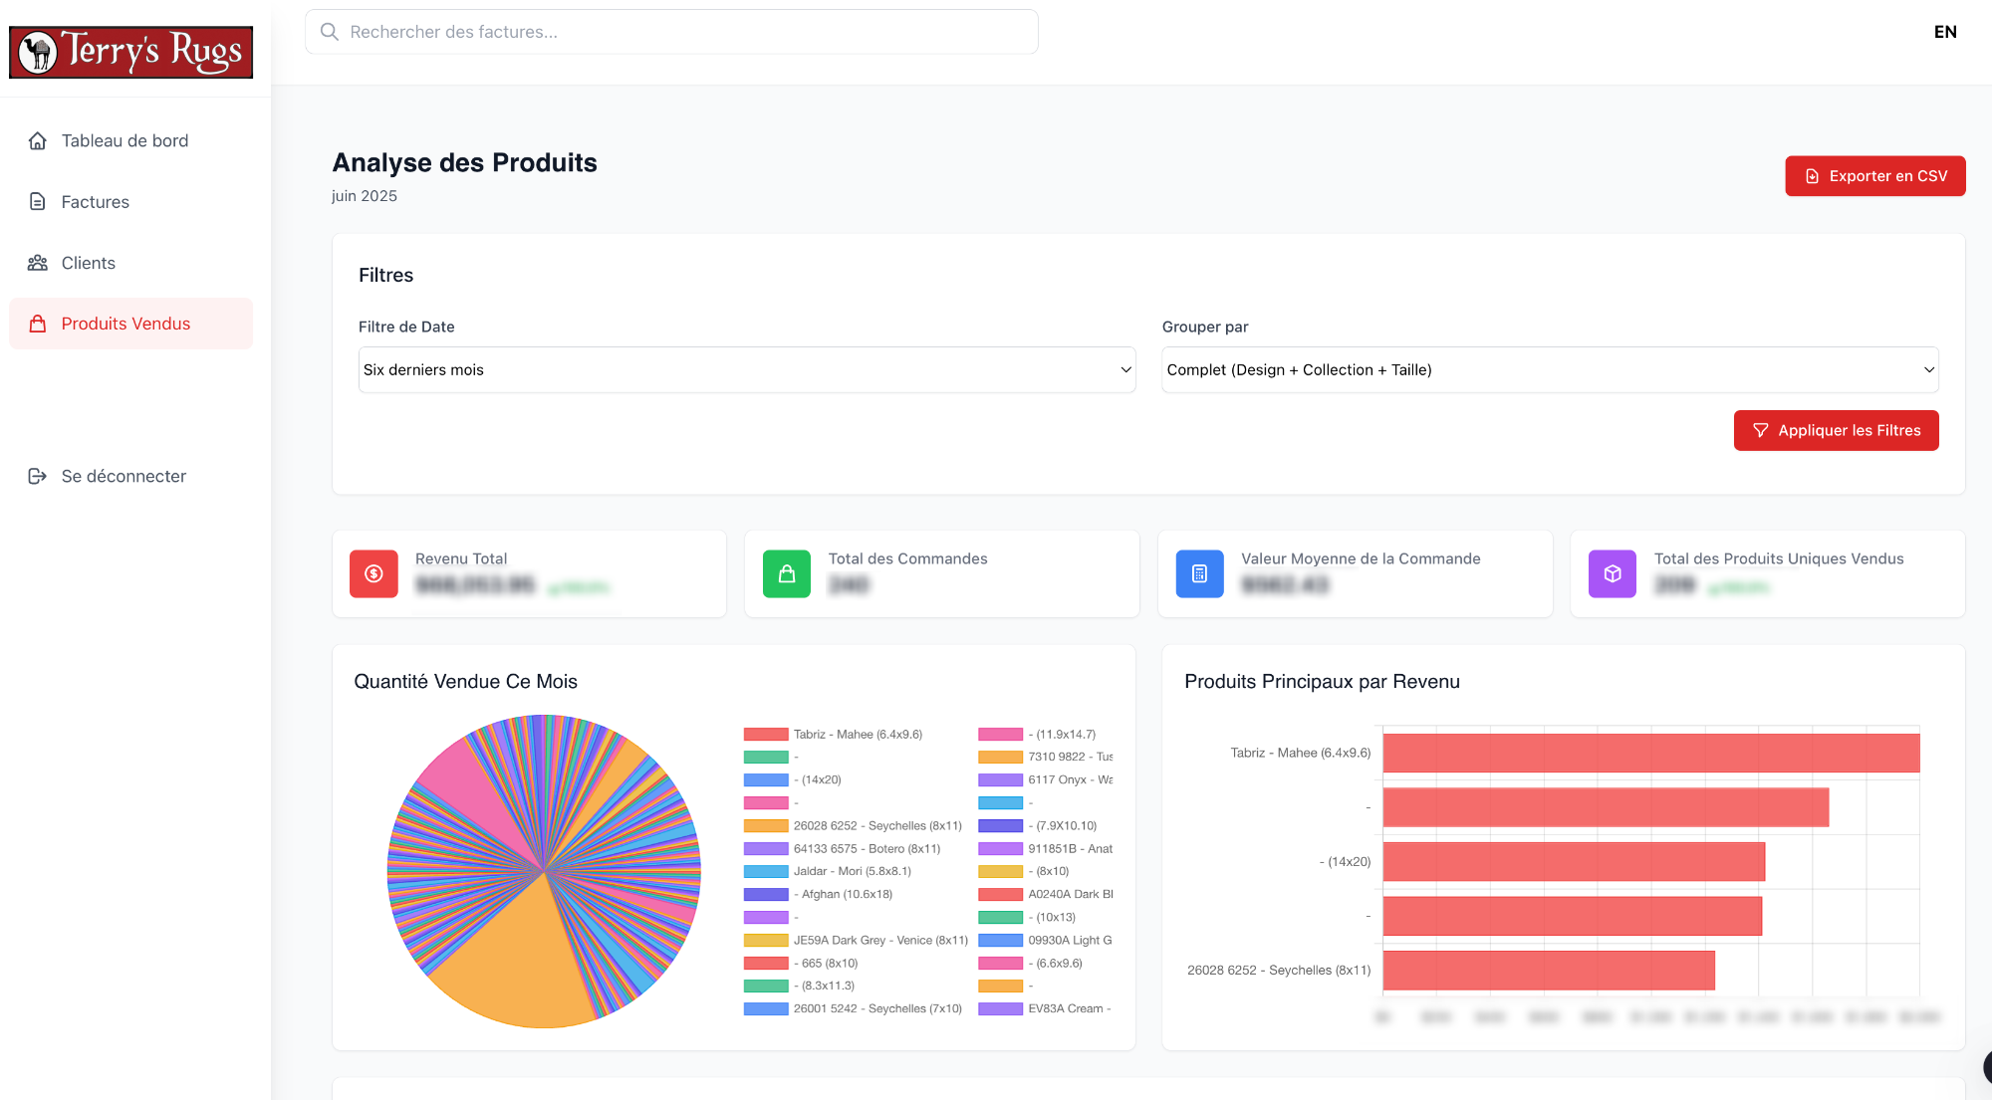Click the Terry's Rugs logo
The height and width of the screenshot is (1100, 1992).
coord(130,52)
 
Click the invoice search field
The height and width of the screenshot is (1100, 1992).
coord(671,32)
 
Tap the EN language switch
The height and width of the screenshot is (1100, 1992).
coord(1944,32)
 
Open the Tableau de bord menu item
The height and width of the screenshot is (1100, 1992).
coord(124,140)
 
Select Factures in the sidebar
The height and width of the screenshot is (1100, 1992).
coord(95,202)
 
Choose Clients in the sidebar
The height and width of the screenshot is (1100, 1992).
coord(88,263)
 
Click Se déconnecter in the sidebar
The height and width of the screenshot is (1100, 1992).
coord(124,476)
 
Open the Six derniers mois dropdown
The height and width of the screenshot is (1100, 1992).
coord(746,369)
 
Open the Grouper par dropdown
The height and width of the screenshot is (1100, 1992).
coord(1549,369)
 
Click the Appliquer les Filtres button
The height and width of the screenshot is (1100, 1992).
coord(1836,430)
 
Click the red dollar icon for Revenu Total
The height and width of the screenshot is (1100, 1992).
coord(373,573)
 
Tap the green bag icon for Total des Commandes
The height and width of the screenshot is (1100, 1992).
coord(787,573)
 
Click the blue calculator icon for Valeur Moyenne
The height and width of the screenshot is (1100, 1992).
coord(1199,573)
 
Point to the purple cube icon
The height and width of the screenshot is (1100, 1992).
coord(1612,573)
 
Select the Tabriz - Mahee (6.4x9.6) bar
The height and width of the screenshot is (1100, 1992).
coord(1650,753)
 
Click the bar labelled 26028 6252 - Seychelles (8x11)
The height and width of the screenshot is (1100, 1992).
coord(1549,970)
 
